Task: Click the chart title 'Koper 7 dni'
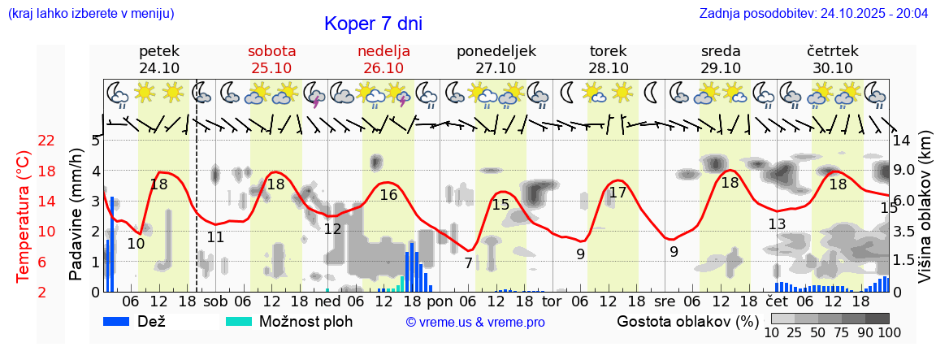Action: click(x=373, y=24)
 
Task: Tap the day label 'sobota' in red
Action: click(x=271, y=50)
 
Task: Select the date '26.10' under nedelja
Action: click(x=383, y=68)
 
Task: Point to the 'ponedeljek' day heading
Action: click(x=496, y=50)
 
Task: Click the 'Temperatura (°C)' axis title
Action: click(x=24, y=215)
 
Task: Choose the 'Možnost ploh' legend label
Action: click(x=305, y=321)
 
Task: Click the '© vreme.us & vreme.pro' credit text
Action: click(x=475, y=322)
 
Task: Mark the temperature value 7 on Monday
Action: click(x=468, y=263)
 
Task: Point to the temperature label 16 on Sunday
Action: click(x=388, y=195)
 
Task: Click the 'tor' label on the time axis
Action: click(x=552, y=301)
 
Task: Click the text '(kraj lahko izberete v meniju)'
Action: click(x=90, y=13)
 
